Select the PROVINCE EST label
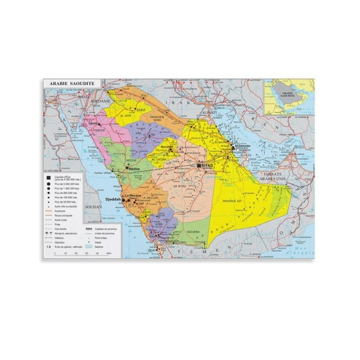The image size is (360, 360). coord(234,201)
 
